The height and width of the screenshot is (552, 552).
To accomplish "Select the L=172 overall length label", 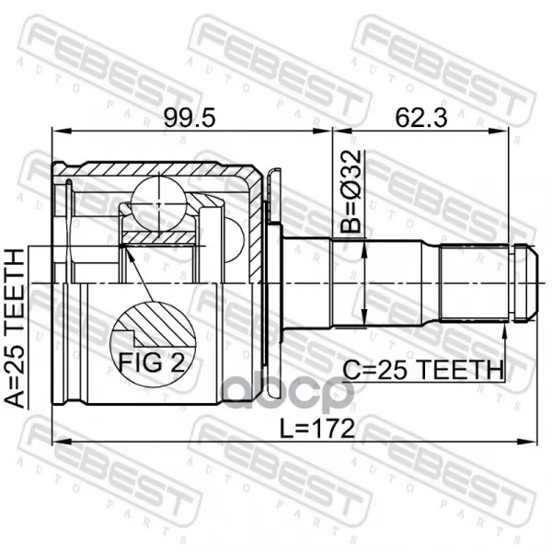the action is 316,429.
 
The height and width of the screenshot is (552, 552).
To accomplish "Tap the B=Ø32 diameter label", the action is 351,191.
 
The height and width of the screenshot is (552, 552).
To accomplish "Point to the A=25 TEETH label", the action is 14,328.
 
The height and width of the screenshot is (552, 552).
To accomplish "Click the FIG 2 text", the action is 152,362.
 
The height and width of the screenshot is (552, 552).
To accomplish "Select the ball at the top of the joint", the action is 159,204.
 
